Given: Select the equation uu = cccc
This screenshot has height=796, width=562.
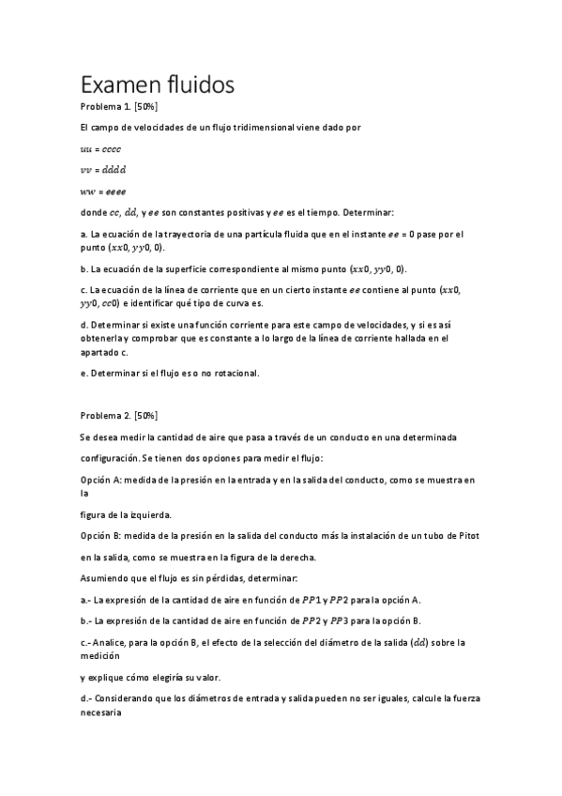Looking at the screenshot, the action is point(100,148).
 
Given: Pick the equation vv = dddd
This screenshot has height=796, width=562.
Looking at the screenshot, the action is point(103,170).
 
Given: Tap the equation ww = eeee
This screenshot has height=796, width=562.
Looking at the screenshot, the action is point(103,191).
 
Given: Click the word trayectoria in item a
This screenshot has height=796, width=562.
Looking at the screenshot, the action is point(193,234).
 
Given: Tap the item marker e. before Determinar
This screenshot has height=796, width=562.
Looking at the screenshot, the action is point(84,373).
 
